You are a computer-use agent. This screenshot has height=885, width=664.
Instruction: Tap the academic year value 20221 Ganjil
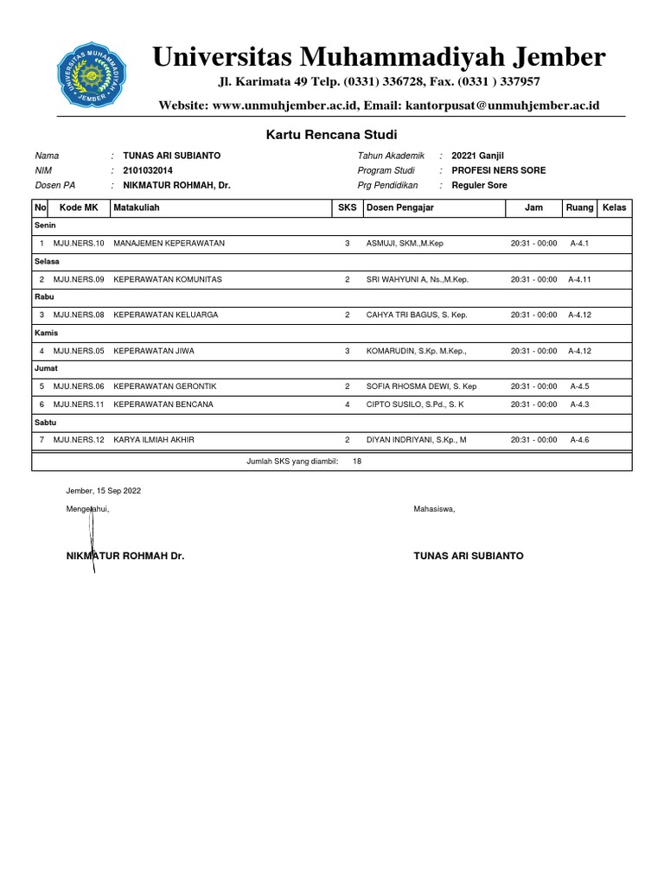coord(477,156)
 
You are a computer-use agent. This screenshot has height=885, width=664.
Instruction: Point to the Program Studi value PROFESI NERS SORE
coord(498,170)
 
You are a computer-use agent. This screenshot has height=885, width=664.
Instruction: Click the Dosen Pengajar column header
coord(400,208)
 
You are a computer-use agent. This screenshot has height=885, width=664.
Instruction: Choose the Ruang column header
coord(579,208)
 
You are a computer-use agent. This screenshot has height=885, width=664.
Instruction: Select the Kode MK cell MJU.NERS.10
coord(79,244)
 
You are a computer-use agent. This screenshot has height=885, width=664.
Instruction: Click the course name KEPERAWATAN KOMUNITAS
coord(168,280)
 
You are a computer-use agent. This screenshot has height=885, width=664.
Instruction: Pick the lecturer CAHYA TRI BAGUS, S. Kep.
coord(417,315)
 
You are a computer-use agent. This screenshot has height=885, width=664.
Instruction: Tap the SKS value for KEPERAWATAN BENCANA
coord(348,404)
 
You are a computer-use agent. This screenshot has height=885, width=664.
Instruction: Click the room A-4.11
coord(580,280)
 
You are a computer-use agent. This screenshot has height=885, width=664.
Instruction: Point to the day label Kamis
coord(46,333)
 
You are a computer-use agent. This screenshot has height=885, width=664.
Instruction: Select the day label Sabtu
coord(45,423)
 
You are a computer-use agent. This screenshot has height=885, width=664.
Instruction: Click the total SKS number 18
coord(358,462)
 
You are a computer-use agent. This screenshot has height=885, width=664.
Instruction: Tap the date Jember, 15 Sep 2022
coord(104,491)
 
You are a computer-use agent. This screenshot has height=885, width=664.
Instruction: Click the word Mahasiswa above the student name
coord(434,509)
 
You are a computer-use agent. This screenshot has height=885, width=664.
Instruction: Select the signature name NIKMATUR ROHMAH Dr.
coord(125,557)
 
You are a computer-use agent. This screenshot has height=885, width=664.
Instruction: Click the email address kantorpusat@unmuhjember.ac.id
coord(525,105)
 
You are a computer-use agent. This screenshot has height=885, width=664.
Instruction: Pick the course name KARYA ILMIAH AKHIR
coord(154,440)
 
